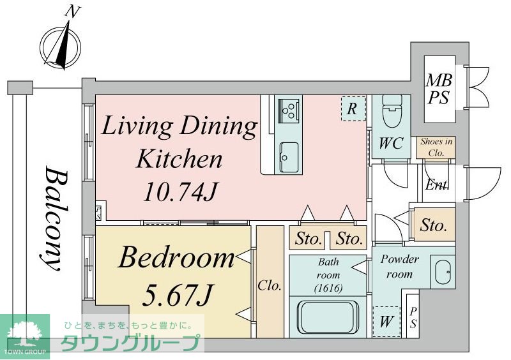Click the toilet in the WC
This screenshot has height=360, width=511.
pyautogui.click(x=392, y=111)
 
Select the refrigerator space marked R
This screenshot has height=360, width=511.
pyautogui.click(x=353, y=109)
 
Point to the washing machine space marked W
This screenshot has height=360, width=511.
pyautogui.click(x=386, y=321)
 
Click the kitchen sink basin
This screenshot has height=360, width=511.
pyautogui.click(x=289, y=157)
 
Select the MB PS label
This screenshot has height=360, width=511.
pyautogui.click(x=439, y=89)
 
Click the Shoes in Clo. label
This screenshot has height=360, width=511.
pyautogui.click(x=436, y=147)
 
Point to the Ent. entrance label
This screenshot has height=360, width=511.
pyautogui.click(x=438, y=185)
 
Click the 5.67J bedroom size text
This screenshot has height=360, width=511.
pyautogui.click(x=178, y=295)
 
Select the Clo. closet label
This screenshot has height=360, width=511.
pyautogui.click(x=270, y=286)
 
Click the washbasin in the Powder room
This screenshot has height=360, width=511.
pyautogui.click(x=442, y=272)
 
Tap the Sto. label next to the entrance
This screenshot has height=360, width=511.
pyautogui.click(x=433, y=225)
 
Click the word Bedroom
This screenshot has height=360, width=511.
pyautogui.click(x=177, y=257)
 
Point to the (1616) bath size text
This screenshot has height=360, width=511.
pyautogui.click(x=328, y=288)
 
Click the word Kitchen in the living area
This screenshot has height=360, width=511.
pyautogui.click(x=179, y=159)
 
